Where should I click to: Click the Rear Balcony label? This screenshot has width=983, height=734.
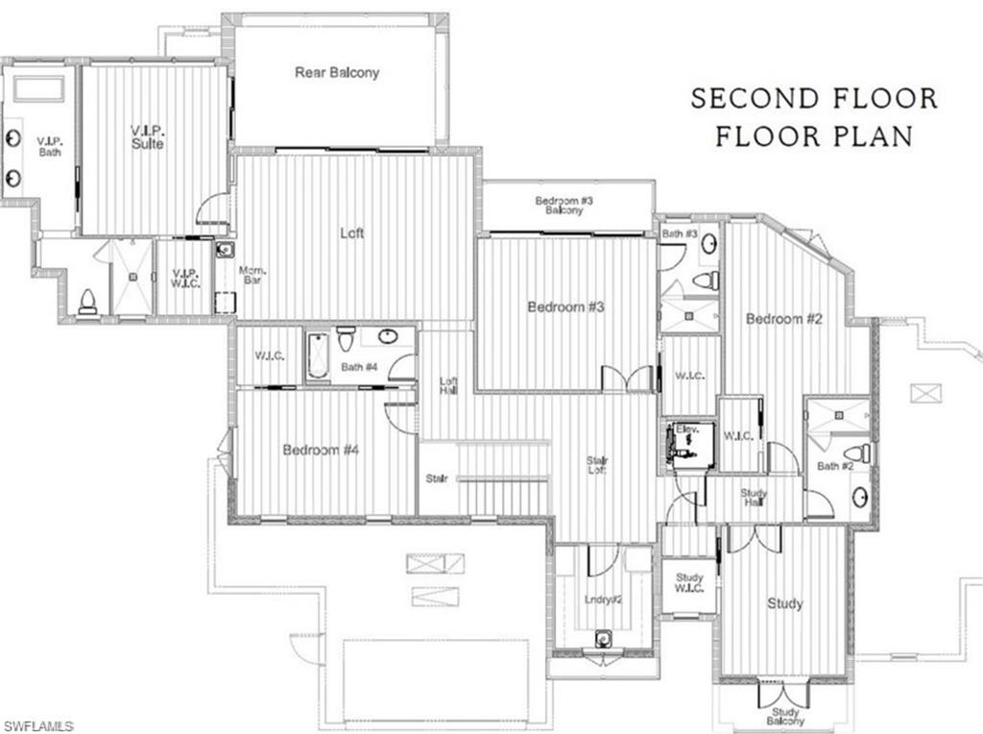pos(337,73)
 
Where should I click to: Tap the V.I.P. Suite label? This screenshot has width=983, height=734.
pos(148,136)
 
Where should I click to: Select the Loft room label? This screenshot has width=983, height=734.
pos(352,232)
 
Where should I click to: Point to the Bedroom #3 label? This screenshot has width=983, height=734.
pos(565,306)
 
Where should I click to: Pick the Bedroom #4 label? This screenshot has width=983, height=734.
pos(321,450)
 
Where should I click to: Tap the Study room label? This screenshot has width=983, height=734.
pos(784,604)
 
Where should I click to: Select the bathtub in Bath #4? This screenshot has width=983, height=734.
pos(318,356)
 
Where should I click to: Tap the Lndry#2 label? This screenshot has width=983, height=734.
pos(605,599)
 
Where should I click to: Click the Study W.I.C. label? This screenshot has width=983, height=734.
pos(689,582)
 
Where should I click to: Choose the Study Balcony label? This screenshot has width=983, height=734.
pos(785,717)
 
